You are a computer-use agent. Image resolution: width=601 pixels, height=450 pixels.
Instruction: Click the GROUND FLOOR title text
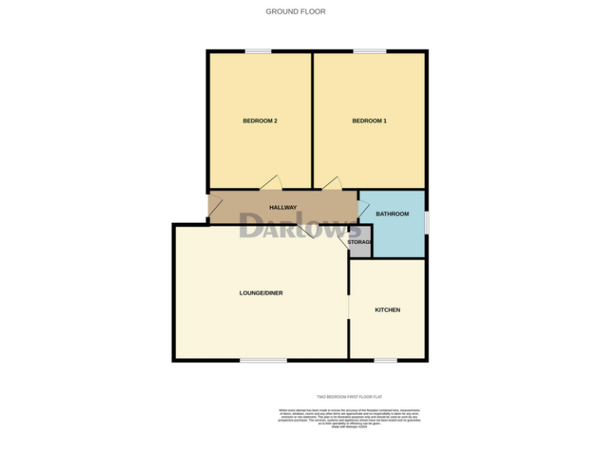point(296,12)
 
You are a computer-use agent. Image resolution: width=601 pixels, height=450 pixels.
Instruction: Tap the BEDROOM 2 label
point(261,120)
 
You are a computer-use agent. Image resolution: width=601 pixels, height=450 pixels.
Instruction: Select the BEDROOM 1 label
point(369,120)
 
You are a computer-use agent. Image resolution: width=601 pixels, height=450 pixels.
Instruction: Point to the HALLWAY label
point(283,208)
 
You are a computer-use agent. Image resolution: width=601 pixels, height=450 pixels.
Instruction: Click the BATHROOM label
point(392,213)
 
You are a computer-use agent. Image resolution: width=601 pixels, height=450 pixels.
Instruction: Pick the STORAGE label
point(360,242)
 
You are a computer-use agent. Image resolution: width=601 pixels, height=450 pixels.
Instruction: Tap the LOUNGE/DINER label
point(261,293)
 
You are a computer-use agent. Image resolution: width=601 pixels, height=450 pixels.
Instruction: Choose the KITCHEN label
point(387,310)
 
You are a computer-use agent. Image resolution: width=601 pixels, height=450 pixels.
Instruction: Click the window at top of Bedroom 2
point(258,52)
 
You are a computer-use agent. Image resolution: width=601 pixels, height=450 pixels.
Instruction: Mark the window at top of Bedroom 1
point(369,52)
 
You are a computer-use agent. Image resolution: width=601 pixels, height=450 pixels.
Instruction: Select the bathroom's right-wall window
point(426,221)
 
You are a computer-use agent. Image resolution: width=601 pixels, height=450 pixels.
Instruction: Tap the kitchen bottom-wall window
point(385,360)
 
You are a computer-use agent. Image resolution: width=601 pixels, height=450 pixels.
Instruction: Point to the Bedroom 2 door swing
point(271,183)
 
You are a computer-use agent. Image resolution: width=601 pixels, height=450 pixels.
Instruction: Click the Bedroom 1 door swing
point(333,183)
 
